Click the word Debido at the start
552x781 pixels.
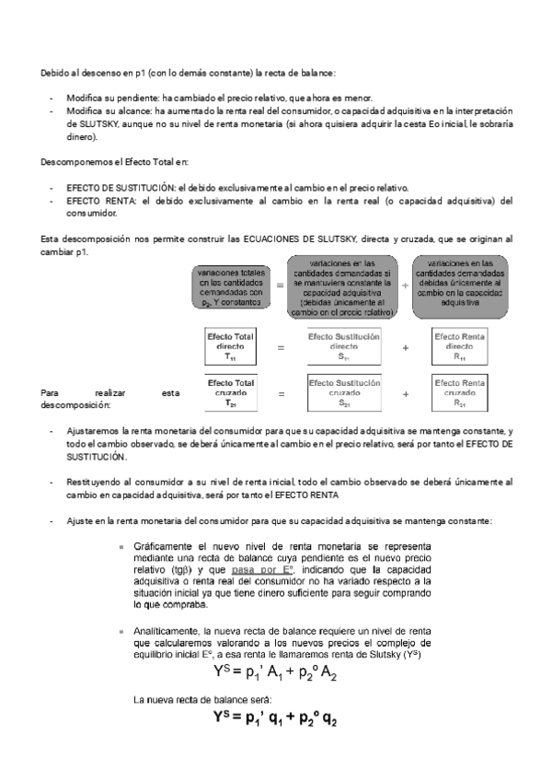(52, 73)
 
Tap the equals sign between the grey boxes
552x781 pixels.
(280, 286)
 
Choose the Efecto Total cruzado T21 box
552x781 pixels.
(231, 393)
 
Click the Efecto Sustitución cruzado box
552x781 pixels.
(342, 393)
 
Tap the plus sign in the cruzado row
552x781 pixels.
(405, 394)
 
